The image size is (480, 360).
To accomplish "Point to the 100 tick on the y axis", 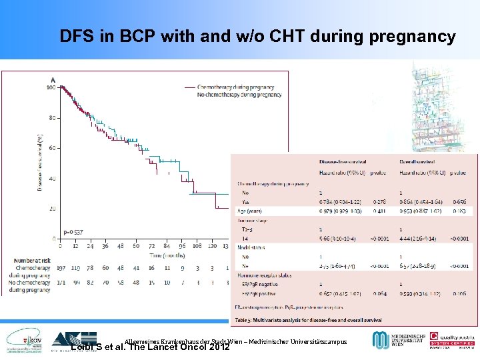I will (x=51, y=87).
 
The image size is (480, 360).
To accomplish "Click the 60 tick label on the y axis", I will (x=52, y=148).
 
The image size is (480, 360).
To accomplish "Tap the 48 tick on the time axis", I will (x=121, y=246).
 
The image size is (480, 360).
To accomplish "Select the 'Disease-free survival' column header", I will (x=343, y=161).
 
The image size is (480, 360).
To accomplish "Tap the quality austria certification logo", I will (x=451, y=339).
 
